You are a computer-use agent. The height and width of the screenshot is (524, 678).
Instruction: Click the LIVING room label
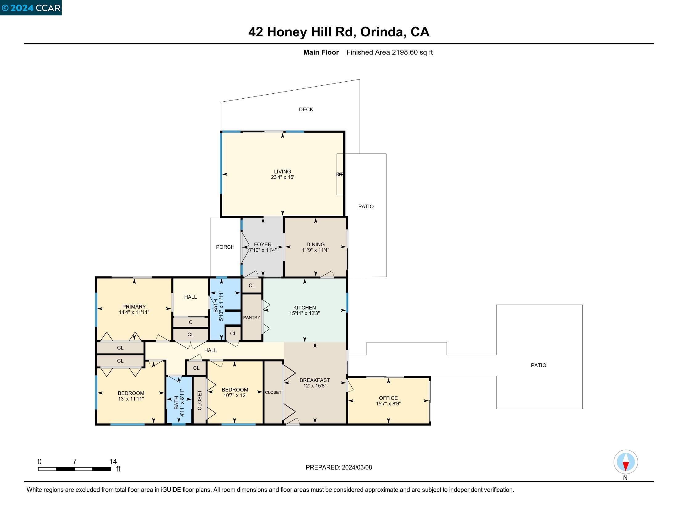point(282,171)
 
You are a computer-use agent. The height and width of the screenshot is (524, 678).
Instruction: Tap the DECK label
point(306,109)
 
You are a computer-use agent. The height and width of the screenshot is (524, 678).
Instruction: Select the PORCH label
point(225,247)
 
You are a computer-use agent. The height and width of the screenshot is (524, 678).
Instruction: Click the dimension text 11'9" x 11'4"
point(315,250)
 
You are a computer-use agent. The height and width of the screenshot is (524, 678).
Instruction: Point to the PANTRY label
point(251,317)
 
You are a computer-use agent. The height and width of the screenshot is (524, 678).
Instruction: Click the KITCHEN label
point(304,307)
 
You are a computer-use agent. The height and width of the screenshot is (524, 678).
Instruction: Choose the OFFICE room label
point(388,398)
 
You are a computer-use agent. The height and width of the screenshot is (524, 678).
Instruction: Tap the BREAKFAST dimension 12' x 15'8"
point(314,386)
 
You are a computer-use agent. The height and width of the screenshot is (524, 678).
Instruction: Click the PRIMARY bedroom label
point(134,306)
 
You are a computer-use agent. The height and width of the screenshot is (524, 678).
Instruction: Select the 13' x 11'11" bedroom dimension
point(131,399)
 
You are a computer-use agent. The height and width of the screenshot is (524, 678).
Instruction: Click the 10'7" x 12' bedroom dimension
point(235,395)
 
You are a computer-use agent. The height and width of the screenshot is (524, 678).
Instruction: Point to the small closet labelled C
point(190,322)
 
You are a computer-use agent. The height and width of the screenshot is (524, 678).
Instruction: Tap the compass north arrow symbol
point(626,462)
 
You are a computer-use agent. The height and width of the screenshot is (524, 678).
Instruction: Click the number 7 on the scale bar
point(75,462)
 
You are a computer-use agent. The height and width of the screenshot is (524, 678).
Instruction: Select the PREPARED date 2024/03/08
point(357,467)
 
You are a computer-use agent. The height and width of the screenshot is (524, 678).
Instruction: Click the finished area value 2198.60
point(405,52)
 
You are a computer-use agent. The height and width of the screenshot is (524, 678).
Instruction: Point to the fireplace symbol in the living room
point(340,174)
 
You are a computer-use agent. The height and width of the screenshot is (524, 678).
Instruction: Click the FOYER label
point(263,244)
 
